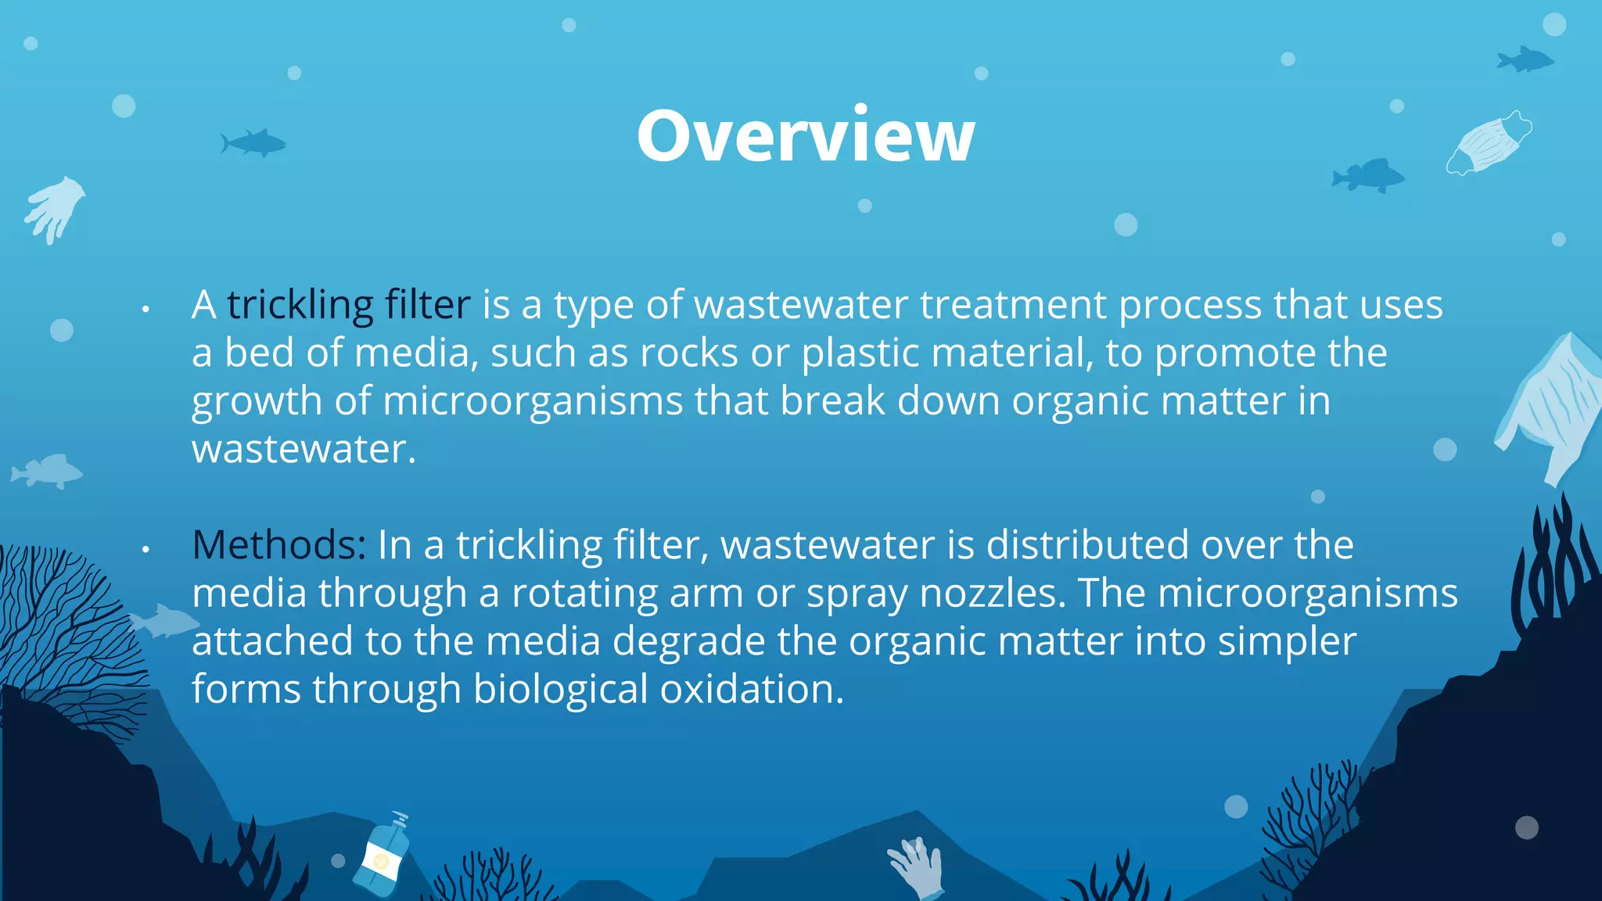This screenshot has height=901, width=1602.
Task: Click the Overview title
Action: click(x=806, y=136)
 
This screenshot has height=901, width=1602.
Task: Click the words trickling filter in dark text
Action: click(x=349, y=305)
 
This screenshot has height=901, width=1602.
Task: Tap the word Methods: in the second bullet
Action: click(x=278, y=545)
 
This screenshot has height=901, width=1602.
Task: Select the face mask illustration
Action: click(x=1489, y=142)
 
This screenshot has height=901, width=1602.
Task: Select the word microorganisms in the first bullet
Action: click(x=533, y=401)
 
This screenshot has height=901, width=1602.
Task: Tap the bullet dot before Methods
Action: click(x=145, y=550)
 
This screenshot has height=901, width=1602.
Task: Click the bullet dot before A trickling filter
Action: click(x=145, y=310)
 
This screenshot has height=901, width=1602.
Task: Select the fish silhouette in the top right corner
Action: click(x=1524, y=59)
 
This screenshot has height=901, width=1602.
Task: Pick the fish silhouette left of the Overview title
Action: click(x=253, y=142)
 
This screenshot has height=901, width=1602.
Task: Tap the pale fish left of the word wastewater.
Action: click(x=47, y=471)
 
